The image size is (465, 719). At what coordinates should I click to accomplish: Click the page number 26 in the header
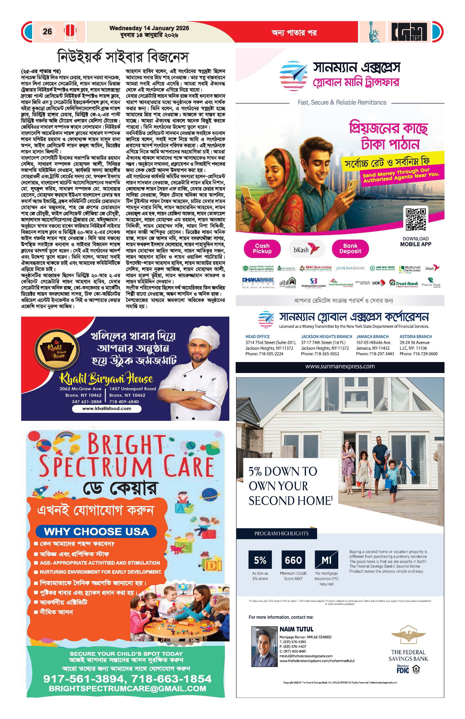coord(47,32)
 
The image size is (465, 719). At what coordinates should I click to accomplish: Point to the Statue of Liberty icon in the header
coord(373,32)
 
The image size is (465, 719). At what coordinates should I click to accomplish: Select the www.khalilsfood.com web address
coord(107,408)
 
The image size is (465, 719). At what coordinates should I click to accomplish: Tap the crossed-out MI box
coord(326,560)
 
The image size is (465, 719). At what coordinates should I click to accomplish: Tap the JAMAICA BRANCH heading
coord(372,336)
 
